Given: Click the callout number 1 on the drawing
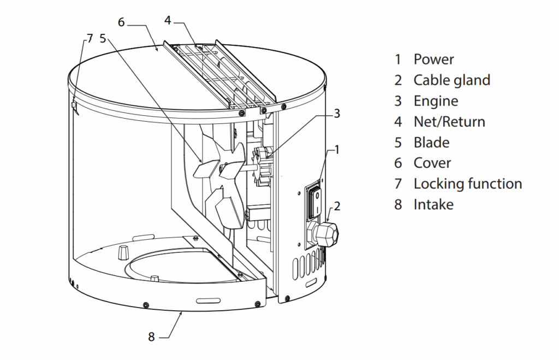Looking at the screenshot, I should coord(337,148).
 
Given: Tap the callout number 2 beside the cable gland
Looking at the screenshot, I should coord(337,206).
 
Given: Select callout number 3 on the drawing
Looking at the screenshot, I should coord(337,114).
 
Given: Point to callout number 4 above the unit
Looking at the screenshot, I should coord(168,20).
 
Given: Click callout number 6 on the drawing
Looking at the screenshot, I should coord(121,22).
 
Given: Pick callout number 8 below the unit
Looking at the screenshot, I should coord(152,337).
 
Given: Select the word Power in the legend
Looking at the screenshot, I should coord(433,59).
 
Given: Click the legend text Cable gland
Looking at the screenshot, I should coord(451,80).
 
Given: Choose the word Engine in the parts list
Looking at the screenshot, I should coord(436,101).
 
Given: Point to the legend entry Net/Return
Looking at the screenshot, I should coord(449,121).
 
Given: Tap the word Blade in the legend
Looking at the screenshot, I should coord(431,142).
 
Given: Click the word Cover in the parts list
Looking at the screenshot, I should coord(432,163).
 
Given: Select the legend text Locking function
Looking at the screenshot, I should coord(467,184).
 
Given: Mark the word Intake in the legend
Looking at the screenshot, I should coord(433,204).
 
